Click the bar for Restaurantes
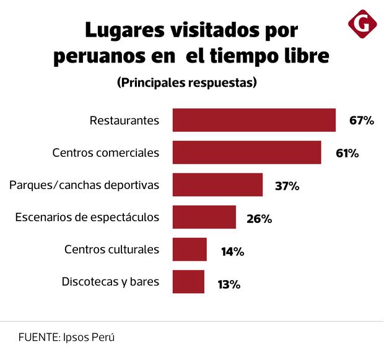[x=254, y=120]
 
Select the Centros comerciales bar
[x=247, y=152]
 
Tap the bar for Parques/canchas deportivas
[x=217, y=185]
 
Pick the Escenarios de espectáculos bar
[x=204, y=217]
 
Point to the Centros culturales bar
[x=190, y=250]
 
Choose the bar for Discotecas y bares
[x=188, y=282]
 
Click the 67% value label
[x=362, y=120]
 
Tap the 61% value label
[x=347, y=152]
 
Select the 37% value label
[x=287, y=185]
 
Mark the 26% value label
[x=260, y=218]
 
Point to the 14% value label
[x=232, y=251]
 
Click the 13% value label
[x=229, y=284]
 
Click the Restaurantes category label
[x=124, y=120]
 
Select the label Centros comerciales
[x=106, y=152]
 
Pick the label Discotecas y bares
[x=110, y=282]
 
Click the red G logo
[x=363, y=24]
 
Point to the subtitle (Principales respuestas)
[x=186, y=82]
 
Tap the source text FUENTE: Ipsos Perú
[x=67, y=338]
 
